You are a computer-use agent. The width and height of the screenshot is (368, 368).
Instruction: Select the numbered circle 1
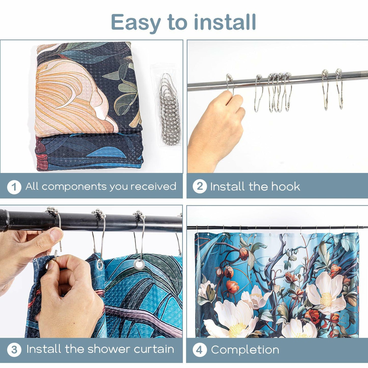pyautogui.click(x=14, y=187)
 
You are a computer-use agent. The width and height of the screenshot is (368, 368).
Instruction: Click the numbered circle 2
pyautogui.click(x=200, y=186)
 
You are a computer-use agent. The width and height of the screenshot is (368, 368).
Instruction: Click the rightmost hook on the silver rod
pyautogui.click(x=339, y=89)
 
